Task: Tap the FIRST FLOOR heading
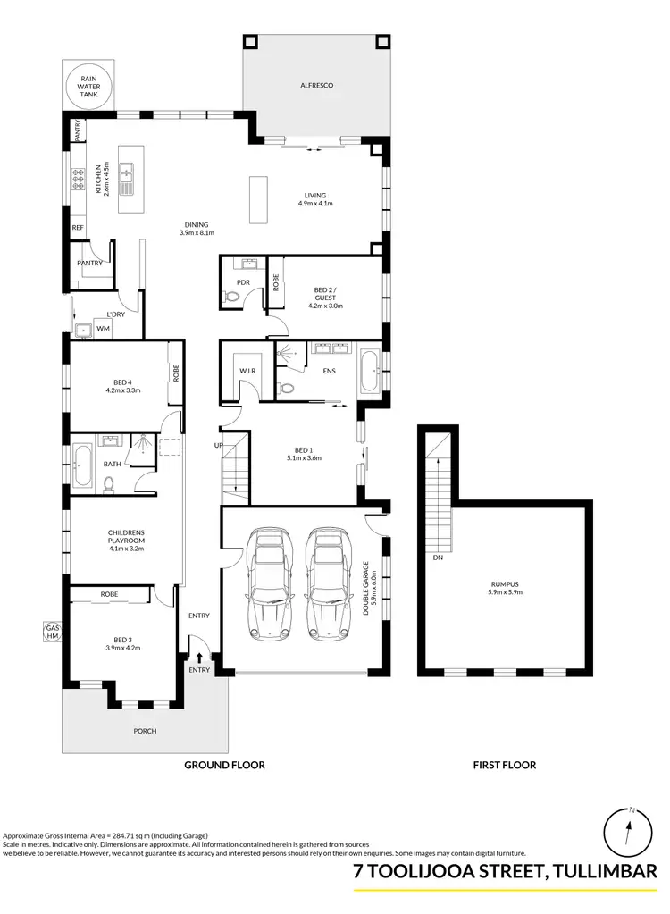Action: (x=505, y=765)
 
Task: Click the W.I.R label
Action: (x=247, y=371)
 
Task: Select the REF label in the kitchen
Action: (x=78, y=229)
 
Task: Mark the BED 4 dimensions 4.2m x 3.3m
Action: (x=123, y=390)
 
